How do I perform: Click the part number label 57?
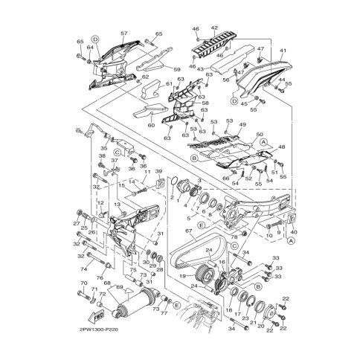point(124,33)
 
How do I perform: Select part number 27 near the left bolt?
point(76,222)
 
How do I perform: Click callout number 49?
point(242,126)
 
